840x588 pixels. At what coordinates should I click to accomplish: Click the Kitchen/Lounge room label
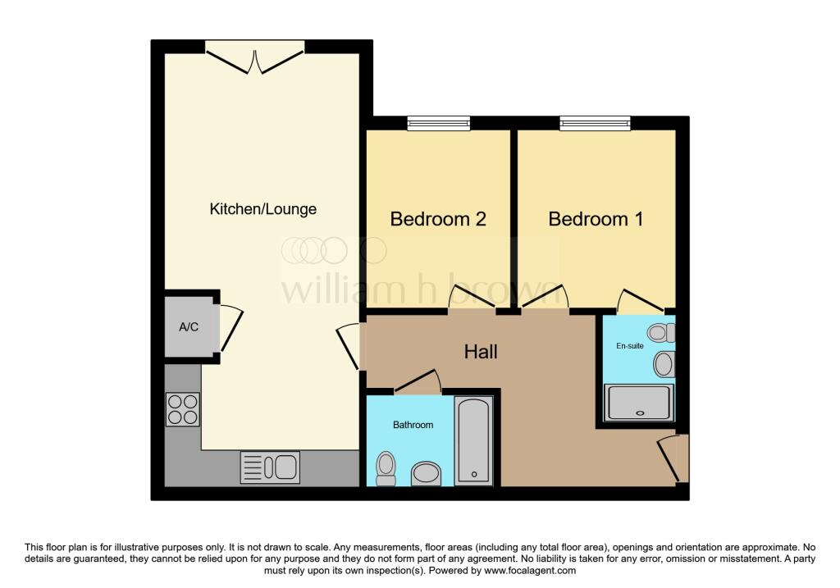click(262, 209)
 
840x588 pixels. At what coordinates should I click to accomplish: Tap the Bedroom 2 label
click(438, 218)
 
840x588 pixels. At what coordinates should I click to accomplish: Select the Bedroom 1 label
click(596, 218)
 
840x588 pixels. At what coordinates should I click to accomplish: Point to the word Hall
click(481, 352)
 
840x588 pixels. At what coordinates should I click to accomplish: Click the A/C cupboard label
click(189, 326)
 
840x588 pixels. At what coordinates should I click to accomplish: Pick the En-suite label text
click(629, 346)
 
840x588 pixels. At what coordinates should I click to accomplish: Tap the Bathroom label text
click(413, 425)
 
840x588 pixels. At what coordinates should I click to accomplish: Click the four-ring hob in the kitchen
click(183, 409)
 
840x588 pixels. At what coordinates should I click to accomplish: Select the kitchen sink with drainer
click(270, 467)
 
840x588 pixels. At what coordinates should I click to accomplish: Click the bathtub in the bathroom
click(473, 440)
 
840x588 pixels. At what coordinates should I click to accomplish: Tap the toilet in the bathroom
click(386, 469)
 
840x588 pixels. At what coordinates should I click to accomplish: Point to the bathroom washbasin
click(427, 474)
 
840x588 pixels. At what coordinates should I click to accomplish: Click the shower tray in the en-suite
click(638, 402)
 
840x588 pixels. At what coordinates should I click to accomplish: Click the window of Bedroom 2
click(439, 123)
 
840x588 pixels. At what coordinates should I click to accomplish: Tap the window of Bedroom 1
click(596, 123)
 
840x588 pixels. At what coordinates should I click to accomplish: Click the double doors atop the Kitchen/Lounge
click(255, 58)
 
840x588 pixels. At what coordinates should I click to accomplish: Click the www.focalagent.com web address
click(530, 570)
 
